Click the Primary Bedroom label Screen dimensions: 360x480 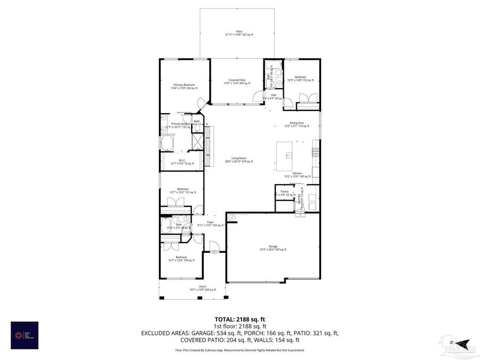pyautogui.click(x=183, y=86)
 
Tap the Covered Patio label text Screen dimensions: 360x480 pyautogui.click(x=234, y=82)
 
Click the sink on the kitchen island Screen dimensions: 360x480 pyautogui.click(x=288, y=156)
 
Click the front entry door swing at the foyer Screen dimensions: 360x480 pyautogui.click(x=214, y=246)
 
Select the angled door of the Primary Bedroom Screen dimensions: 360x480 pyautogui.click(x=200, y=104)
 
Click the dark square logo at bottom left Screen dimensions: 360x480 pyautogui.click(x=25, y=335)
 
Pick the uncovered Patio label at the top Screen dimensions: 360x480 pyautogui.click(x=239, y=34)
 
